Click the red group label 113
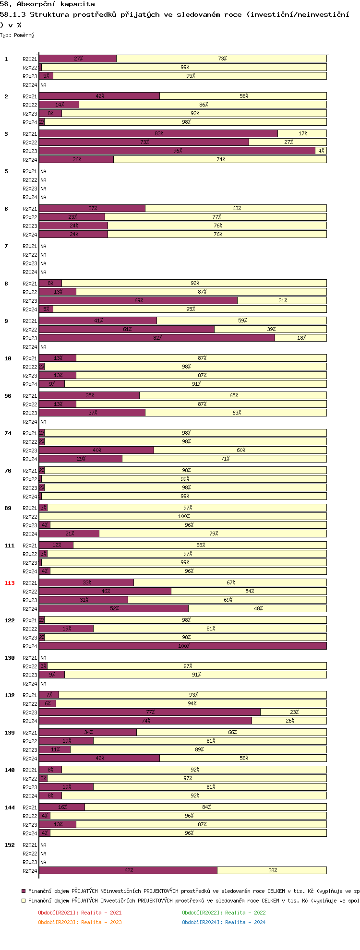coord(10,583)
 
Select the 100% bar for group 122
coord(183,646)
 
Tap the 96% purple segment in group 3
coord(177,151)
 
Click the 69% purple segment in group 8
coord(138,300)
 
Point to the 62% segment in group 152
coord(128,870)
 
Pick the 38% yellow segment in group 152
coord(272,870)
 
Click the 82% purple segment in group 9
coord(157,338)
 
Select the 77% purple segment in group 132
coord(150,712)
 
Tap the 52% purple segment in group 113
coord(114,608)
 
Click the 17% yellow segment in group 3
coord(302,133)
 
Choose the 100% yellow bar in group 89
coord(183,516)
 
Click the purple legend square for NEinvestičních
coord(24,891)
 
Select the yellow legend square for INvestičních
coord(24,901)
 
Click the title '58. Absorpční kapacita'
coord(48,4)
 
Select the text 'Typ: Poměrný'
coord(17,35)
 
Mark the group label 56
coord(8,396)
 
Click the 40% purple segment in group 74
coord(96,450)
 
